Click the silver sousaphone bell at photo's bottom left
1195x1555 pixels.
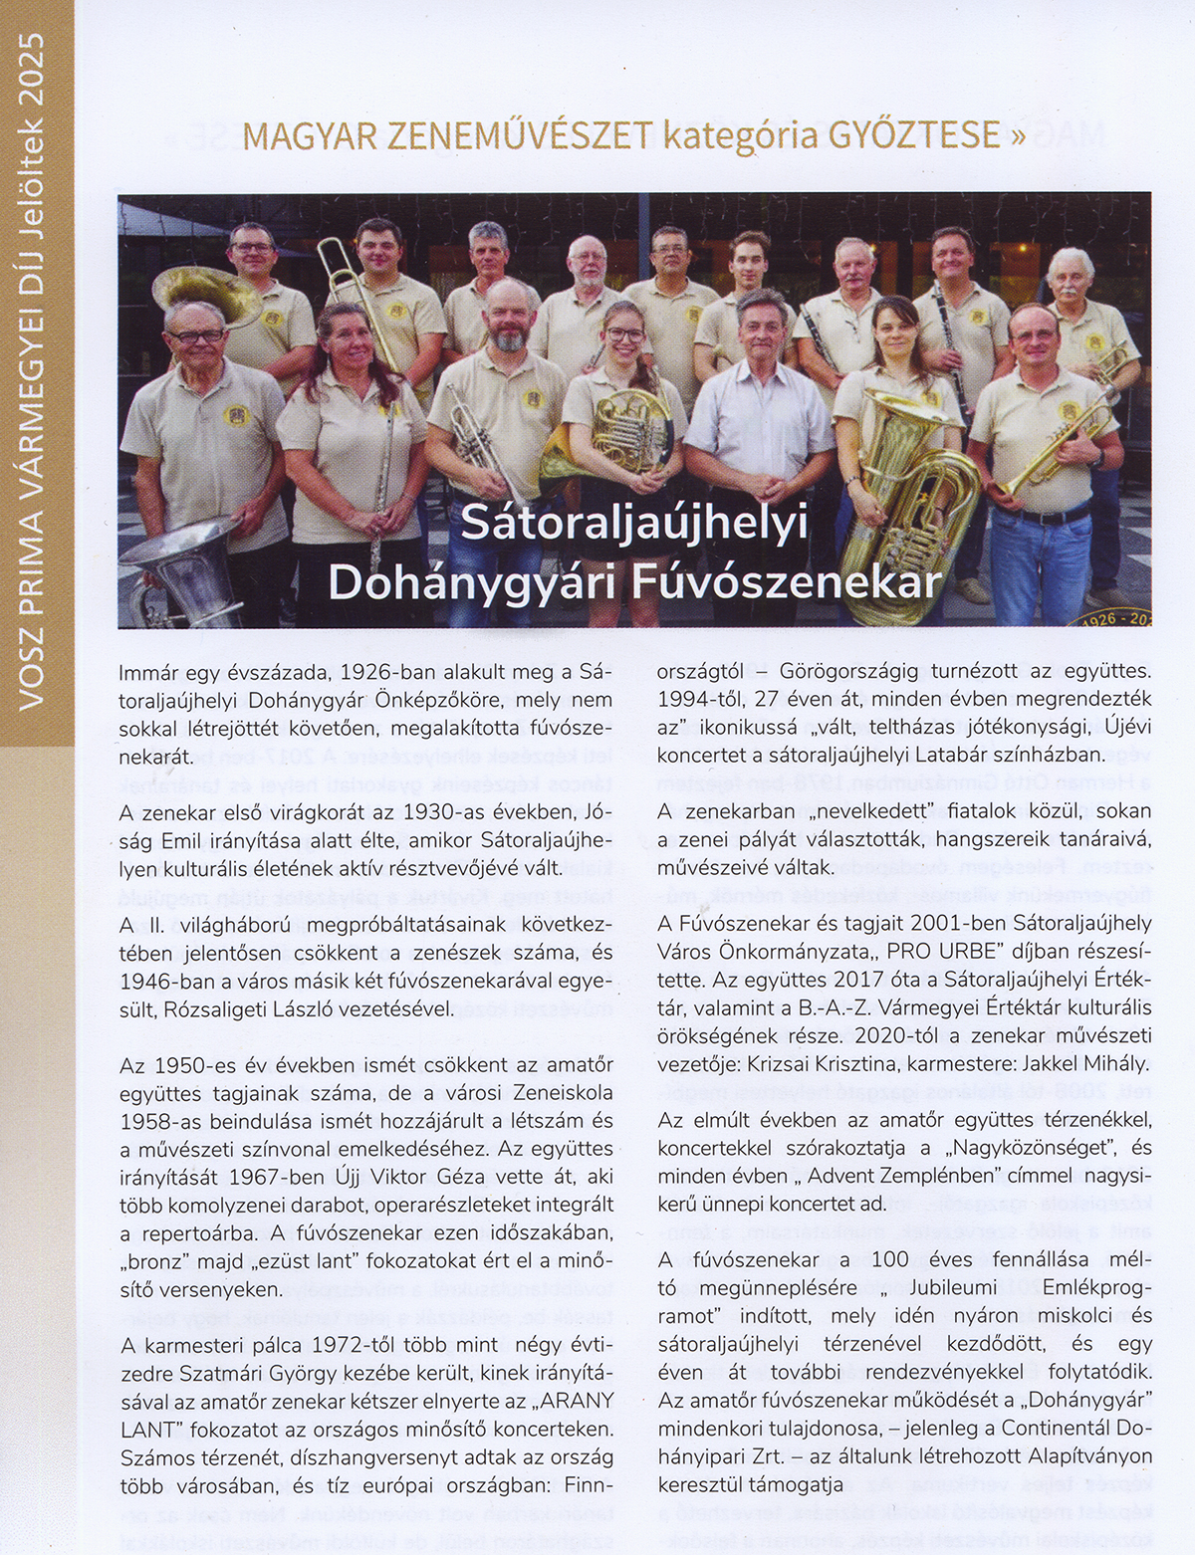[x=179, y=562]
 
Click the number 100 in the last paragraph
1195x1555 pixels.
[x=889, y=1259]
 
